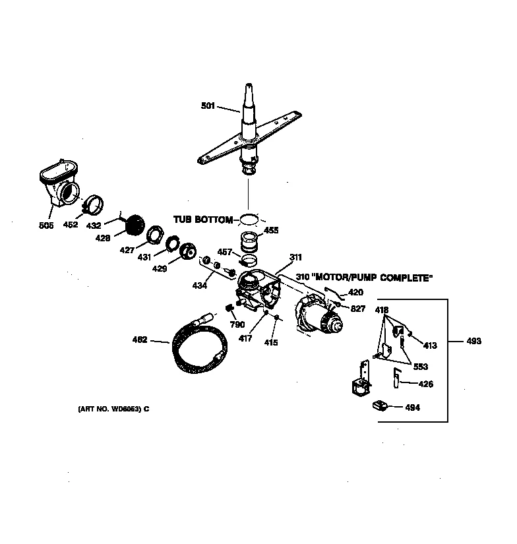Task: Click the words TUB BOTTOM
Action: point(202,220)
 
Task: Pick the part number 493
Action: point(473,341)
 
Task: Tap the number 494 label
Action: point(412,408)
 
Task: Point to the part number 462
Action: point(140,341)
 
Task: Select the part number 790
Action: point(237,325)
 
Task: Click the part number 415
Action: point(271,342)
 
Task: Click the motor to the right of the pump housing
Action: point(320,318)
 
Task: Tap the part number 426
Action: point(426,384)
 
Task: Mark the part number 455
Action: point(271,231)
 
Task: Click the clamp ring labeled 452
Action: point(94,205)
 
